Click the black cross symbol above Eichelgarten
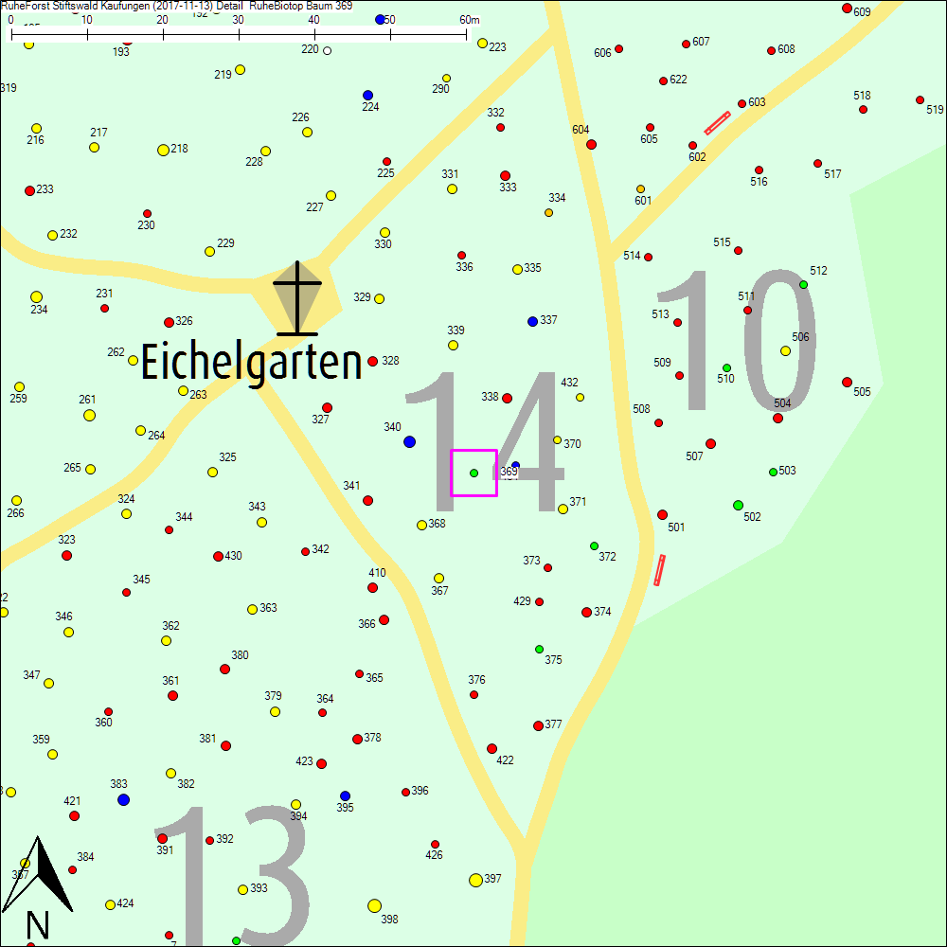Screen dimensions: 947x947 pos(297,297)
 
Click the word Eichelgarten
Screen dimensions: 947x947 pos(251,363)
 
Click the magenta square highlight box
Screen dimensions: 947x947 pos(473,473)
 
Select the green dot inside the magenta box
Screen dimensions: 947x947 pos(473,473)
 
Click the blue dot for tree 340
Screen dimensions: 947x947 pos(409,441)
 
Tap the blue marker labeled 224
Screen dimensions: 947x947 pos(367,95)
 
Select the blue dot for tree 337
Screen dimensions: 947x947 pos(532,321)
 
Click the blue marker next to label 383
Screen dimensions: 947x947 pos(123,799)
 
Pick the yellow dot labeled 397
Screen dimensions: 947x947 pos(475,880)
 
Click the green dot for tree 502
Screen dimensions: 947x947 pos(738,505)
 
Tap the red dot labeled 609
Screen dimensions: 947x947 pos(847,9)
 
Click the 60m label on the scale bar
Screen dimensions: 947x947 pos(470,20)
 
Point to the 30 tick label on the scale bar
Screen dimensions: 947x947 pos(238,20)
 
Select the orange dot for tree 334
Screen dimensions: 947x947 pos(548,212)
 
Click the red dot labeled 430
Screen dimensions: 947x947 pos(218,556)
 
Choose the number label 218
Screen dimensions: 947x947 pos(179,149)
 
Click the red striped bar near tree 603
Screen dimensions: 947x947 pos(717,123)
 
